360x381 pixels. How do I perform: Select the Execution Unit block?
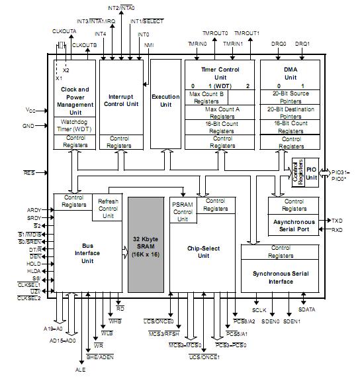pos(165,101)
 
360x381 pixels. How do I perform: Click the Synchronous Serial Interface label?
pos(282,276)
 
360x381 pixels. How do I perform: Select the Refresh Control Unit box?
pos(108,209)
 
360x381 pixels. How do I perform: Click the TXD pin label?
pos(337,220)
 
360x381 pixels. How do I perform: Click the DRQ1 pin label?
pos(302,44)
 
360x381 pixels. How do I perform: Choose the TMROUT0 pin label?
pos(214,33)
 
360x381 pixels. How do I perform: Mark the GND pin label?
pos(28,126)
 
